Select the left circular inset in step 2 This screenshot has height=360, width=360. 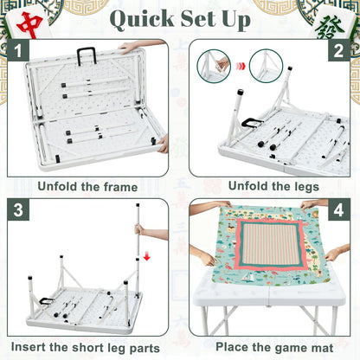(214, 66)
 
